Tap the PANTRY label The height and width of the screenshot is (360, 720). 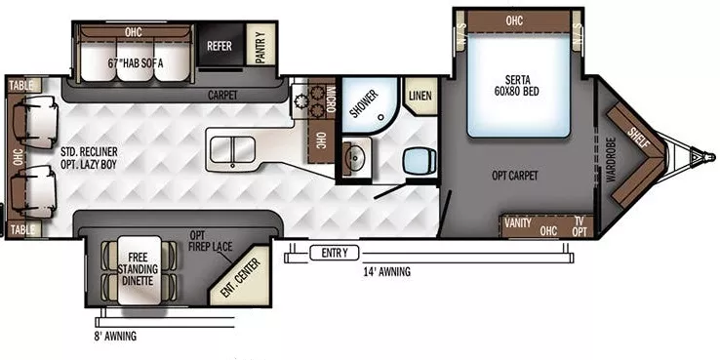pyautogui.click(x=260, y=46)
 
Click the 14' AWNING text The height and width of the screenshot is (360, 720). pyautogui.click(x=388, y=272)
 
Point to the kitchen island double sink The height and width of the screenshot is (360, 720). pyautogui.click(x=230, y=152)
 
